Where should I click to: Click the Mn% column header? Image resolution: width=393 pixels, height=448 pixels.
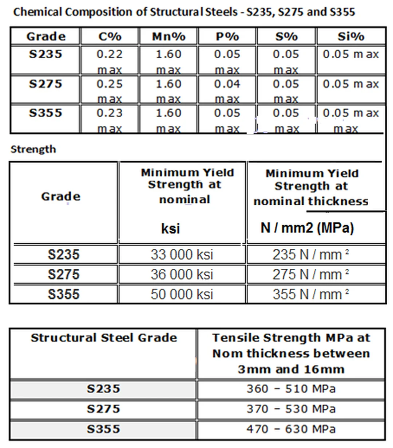pos(168,36)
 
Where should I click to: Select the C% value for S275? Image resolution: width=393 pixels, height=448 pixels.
pos(110,84)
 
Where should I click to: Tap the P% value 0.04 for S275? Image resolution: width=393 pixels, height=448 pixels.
pos(227,84)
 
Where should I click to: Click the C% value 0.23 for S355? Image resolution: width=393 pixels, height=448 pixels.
pos(110,113)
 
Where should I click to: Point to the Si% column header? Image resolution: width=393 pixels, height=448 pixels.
pos(351,36)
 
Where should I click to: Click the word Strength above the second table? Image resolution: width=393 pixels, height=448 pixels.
pos(33,149)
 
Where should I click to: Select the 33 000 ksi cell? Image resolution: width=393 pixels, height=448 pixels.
pos(182,255)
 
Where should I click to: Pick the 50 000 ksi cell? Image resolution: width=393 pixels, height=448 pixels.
pos(182,294)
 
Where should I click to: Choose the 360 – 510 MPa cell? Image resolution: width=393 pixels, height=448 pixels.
pos(291,389)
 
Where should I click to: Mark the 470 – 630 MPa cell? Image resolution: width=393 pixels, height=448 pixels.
pos(291,429)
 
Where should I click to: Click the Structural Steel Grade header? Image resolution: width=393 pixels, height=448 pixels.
pos(104,338)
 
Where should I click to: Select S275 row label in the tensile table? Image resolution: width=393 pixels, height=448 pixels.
pos(103,409)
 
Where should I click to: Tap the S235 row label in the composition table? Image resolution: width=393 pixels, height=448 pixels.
pos(45,55)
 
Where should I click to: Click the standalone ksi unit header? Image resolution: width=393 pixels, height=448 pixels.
pos(170,228)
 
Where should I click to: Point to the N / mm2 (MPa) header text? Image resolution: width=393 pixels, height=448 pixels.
pos(307,228)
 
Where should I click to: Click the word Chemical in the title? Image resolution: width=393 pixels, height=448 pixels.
pos(38,12)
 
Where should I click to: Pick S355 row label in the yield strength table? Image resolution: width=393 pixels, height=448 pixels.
pos(63,294)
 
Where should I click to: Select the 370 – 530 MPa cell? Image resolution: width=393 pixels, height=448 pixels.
pos(291,409)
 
